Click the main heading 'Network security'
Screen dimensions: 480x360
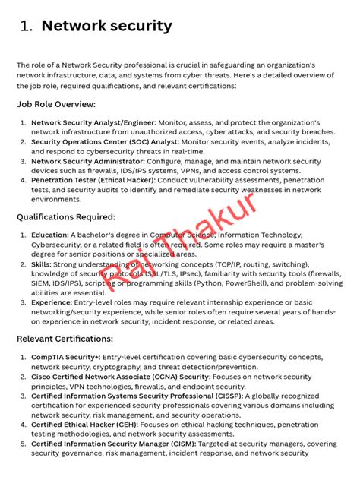click(x=106, y=26)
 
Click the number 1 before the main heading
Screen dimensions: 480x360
click(x=27, y=27)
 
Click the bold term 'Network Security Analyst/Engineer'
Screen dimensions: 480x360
click(x=93, y=122)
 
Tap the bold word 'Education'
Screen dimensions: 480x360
click(x=50, y=235)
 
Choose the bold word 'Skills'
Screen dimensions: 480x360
click(x=43, y=264)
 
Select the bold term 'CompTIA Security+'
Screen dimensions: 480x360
click(x=65, y=356)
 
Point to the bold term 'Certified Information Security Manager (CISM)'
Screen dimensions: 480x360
click(x=113, y=444)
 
